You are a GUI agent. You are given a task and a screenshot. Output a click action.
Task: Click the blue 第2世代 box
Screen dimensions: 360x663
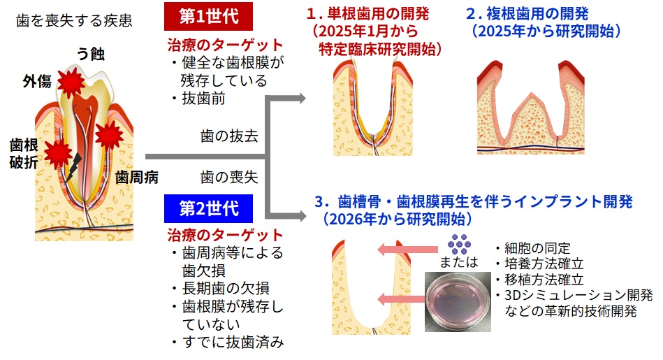[x=207, y=208]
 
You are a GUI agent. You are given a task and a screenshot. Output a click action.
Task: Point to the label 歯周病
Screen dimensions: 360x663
[x=137, y=177]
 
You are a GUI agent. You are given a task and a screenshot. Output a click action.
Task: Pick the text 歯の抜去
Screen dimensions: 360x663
[x=229, y=136]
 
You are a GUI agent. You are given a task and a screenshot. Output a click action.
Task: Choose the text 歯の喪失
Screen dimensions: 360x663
[x=229, y=177]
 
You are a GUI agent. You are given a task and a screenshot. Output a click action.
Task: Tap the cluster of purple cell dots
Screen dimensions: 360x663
[x=458, y=243]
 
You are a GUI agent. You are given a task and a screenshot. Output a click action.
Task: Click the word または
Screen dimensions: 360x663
[x=459, y=262]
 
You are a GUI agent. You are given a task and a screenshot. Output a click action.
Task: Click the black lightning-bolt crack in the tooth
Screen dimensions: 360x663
[x=73, y=166]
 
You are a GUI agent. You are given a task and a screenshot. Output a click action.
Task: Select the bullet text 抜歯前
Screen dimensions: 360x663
[x=203, y=99]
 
